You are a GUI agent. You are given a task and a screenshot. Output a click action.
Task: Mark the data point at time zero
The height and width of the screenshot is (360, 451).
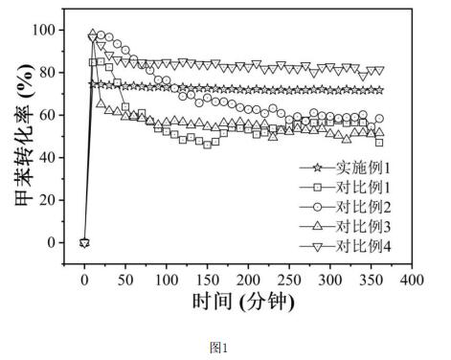pyautogui.click(x=84, y=242)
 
